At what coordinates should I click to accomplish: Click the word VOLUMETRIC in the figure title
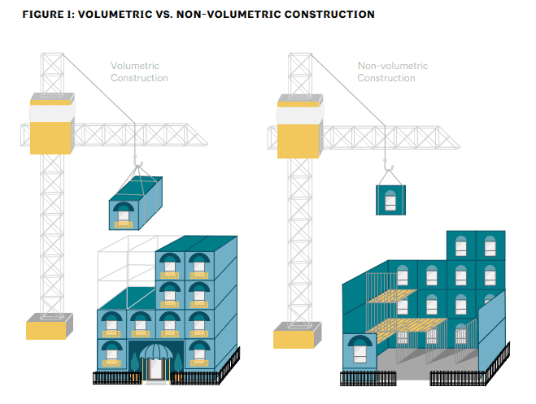click(x=115, y=15)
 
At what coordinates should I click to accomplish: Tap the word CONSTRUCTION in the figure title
click(x=329, y=15)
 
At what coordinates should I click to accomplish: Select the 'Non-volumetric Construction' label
click(x=392, y=72)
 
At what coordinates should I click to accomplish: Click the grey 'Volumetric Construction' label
click(x=139, y=72)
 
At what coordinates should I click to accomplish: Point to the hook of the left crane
click(x=137, y=161)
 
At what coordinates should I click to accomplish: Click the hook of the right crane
click(x=388, y=165)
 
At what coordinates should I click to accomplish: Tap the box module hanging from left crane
click(x=136, y=203)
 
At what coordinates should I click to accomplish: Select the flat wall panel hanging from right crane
click(x=390, y=200)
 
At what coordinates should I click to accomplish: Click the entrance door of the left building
click(x=156, y=369)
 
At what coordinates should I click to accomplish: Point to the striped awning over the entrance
click(x=156, y=351)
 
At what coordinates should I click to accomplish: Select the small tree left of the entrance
click(x=135, y=362)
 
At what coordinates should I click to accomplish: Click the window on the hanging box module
click(x=123, y=215)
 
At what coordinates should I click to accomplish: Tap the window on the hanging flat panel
click(x=390, y=201)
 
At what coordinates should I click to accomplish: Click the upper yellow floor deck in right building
click(x=391, y=297)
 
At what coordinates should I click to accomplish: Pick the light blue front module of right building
click(x=360, y=352)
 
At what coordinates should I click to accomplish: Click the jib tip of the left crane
click(x=207, y=145)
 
